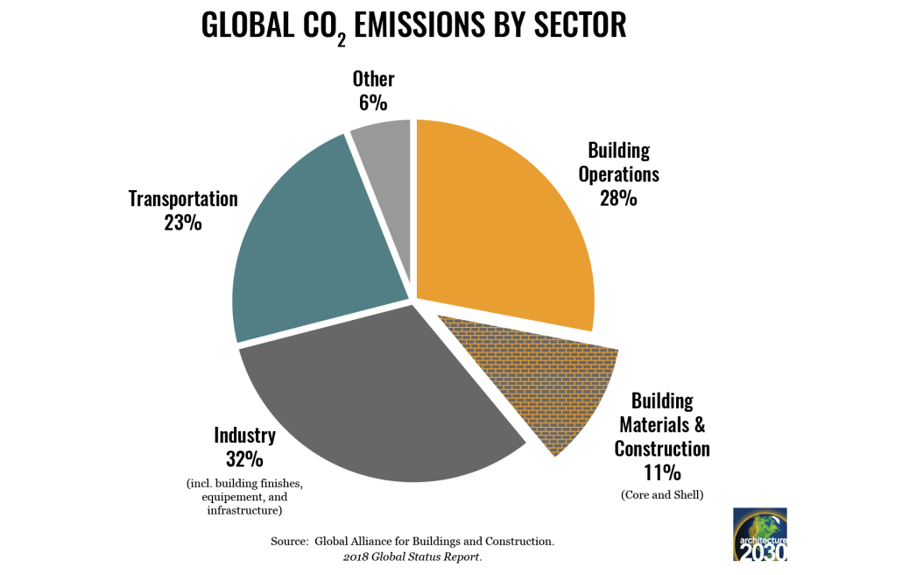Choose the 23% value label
pos(182,223)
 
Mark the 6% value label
pos(373,103)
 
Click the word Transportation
pos(183,198)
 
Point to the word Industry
pos(244,435)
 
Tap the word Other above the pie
pos(373,79)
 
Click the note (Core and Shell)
pos(663,494)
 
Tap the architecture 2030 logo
pos(759,534)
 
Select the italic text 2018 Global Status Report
pos(412,557)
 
